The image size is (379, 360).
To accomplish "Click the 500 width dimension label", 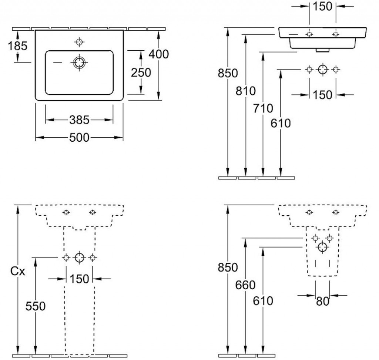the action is (x=79, y=138).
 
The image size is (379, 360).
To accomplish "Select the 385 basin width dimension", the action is (x=79, y=120).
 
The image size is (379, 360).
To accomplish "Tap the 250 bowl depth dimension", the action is (x=141, y=73).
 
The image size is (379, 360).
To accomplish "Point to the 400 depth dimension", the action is (x=158, y=54).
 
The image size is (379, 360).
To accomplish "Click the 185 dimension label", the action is (x=18, y=46).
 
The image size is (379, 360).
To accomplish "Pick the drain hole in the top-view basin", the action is (x=79, y=63).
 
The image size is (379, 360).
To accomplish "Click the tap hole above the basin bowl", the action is (x=79, y=42).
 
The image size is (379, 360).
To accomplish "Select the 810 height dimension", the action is (x=246, y=91).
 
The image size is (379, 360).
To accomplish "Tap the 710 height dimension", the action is (x=263, y=108).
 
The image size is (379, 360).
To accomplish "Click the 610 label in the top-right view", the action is (x=281, y=124).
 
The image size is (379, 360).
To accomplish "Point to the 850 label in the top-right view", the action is (x=228, y=73).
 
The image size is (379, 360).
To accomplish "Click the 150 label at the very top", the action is (x=322, y=6).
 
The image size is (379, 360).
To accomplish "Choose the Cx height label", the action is (x=18, y=272).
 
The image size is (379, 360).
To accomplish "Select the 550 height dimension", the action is (x=36, y=306).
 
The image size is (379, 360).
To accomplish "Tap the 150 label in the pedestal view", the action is (x=79, y=279).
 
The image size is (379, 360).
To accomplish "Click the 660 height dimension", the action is (x=245, y=285).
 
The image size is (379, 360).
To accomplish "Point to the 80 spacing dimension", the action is (x=322, y=301).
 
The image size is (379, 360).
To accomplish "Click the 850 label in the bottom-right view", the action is (x=228, y=268).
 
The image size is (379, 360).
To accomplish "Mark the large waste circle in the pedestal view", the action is (x=79, y=258).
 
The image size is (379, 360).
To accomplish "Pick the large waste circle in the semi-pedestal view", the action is (x=322, y=247).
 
